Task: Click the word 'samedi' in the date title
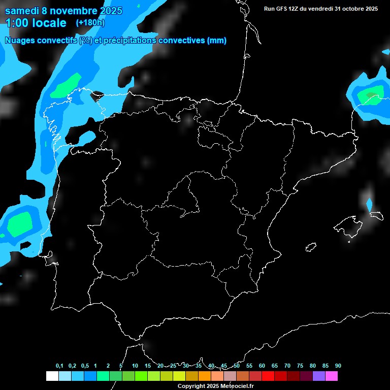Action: (x=22, y=11)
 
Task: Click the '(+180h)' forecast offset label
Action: (x=90, y=22)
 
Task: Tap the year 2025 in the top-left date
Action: (x=108, y=11)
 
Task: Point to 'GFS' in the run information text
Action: (x=283, y=9)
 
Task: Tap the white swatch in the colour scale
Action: (x=52, y=376)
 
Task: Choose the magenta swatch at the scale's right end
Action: (x=332, y=376)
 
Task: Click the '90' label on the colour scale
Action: (x=338, y=366)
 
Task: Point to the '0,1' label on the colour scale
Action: (x=59, y=366)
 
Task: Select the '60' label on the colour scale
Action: (x=262, y=366)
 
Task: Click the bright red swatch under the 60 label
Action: (x=268, y=376)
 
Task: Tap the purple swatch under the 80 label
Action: (x=319, y=376)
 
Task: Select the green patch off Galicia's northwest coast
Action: (x=66, y=85)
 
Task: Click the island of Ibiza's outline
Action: (x=311, y=247)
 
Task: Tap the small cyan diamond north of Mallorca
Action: (x=369, y=205)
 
